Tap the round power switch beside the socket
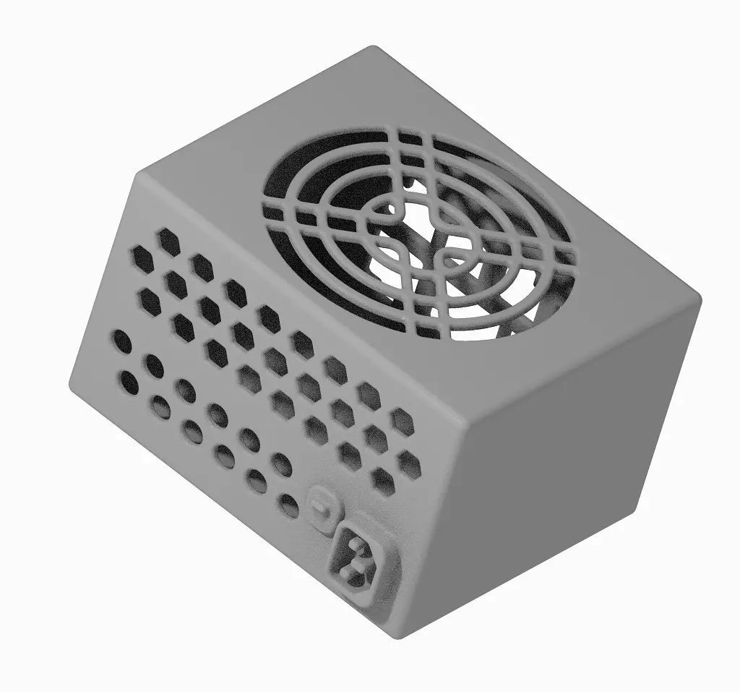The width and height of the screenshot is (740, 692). pos(322,501)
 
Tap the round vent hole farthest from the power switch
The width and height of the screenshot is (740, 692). pos(122,341)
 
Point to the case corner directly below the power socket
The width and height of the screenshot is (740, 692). pos(397,636)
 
